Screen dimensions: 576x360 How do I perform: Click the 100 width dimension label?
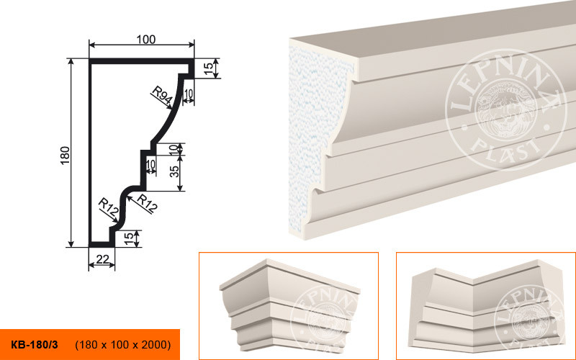(x=146, y=40)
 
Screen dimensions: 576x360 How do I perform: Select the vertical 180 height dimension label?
(x=65, y=156)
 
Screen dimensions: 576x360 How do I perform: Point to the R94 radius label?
(x=163, y=95)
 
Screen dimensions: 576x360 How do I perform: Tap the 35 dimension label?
(x=175, y=171)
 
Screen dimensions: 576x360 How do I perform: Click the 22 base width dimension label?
(x=102, y=259)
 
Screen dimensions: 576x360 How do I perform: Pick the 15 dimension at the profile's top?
(x=208, y=68)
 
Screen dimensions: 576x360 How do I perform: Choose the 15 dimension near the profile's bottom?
(x=128, y=239)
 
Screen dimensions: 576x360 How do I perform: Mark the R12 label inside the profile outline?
(x=109, y=207)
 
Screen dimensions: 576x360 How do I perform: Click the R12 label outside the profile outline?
(x=147, y=204)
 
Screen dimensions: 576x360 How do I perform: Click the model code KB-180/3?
(x=35, y=345)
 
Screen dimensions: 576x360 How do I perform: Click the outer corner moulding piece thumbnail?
(x=290, y=305)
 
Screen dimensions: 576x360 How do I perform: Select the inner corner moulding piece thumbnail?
(x=487, y=307)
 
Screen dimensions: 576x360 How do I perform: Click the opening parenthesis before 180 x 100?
(x=76, y=345)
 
